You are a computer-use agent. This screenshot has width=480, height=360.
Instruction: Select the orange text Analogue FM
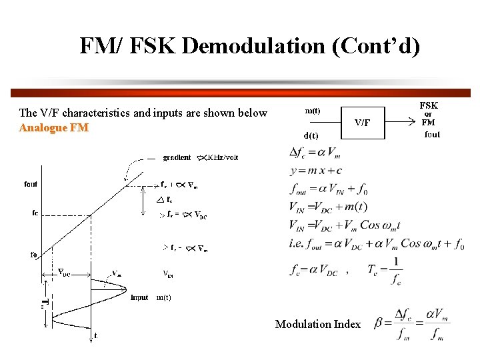pyautogui.click(x=54, y=127)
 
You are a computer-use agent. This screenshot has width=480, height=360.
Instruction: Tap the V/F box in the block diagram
pyautogui.click(x=363, y=123)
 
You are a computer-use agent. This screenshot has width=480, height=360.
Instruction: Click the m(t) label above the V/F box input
pyautogui.click(x=311, y=111)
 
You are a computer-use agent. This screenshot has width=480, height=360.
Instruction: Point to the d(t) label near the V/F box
pyautogui.click(x=311, y=135)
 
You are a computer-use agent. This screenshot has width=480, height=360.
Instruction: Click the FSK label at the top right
pyautogui.click(x=429, y=105)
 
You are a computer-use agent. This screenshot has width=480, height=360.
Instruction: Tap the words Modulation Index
pyautogui.click(x=318, y=325)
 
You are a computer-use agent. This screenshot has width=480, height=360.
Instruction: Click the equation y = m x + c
pyautogui.click(x=325, y=171)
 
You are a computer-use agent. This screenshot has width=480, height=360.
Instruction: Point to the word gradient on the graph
pyautogui.click(x=177, y=158)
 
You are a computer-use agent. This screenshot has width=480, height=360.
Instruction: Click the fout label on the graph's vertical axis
pyautogui.click(x=31, y=184)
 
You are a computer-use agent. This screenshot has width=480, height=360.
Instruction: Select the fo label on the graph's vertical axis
pyautogui.click(x=33, y=254)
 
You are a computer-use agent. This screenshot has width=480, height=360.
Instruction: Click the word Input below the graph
pyautogui.click(x=140, y=297)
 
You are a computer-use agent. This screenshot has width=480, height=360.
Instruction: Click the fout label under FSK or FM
pyautogui.click(x=432, y=135)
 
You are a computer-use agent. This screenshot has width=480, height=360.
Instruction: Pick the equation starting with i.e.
pyautogui.click(x=376, y=244)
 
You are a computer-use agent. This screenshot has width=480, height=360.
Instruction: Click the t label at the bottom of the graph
pyautogui.click(x=95, y=336)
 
